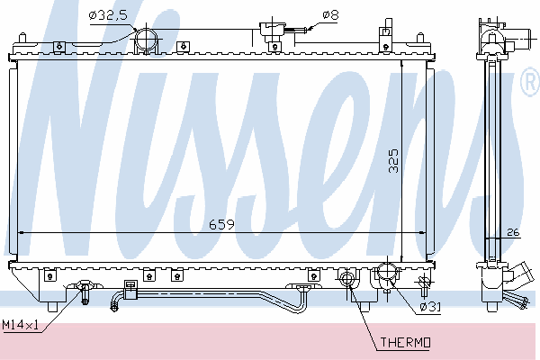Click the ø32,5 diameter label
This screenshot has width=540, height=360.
108,15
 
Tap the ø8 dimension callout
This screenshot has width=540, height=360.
330,14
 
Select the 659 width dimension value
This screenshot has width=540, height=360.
221,225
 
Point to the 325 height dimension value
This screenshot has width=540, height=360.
393,160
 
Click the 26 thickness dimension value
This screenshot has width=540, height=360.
513,232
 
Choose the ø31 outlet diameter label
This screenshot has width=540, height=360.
430,307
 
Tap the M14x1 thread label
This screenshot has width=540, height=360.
20,325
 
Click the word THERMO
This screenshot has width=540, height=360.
405,342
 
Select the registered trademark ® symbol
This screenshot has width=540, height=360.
531,82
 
